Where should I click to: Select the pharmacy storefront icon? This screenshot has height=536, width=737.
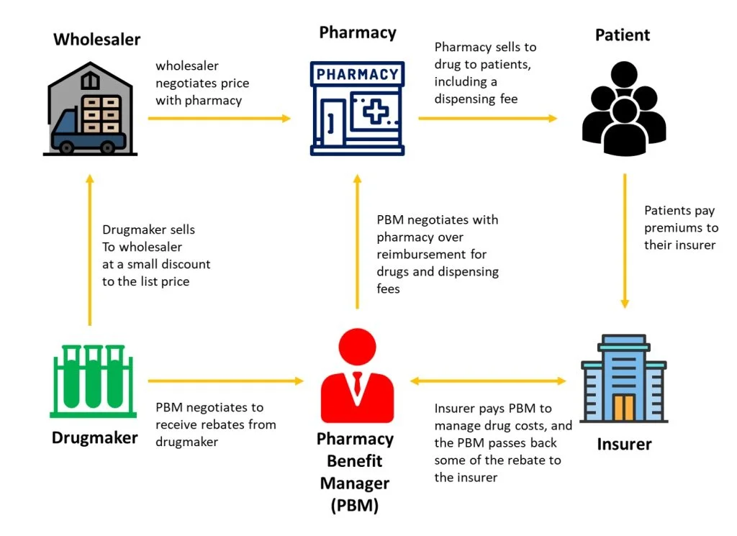(356, 108)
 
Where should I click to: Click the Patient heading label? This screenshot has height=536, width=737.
(623, 35)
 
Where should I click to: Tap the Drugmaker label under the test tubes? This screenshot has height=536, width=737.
(94, 437)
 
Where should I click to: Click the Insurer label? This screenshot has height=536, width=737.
(624, 444)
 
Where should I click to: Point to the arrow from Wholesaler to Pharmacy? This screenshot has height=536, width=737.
(219, 118)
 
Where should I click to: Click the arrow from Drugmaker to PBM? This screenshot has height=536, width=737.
(226, 381)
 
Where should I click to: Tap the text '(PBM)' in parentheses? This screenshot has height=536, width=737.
(355, 505)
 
